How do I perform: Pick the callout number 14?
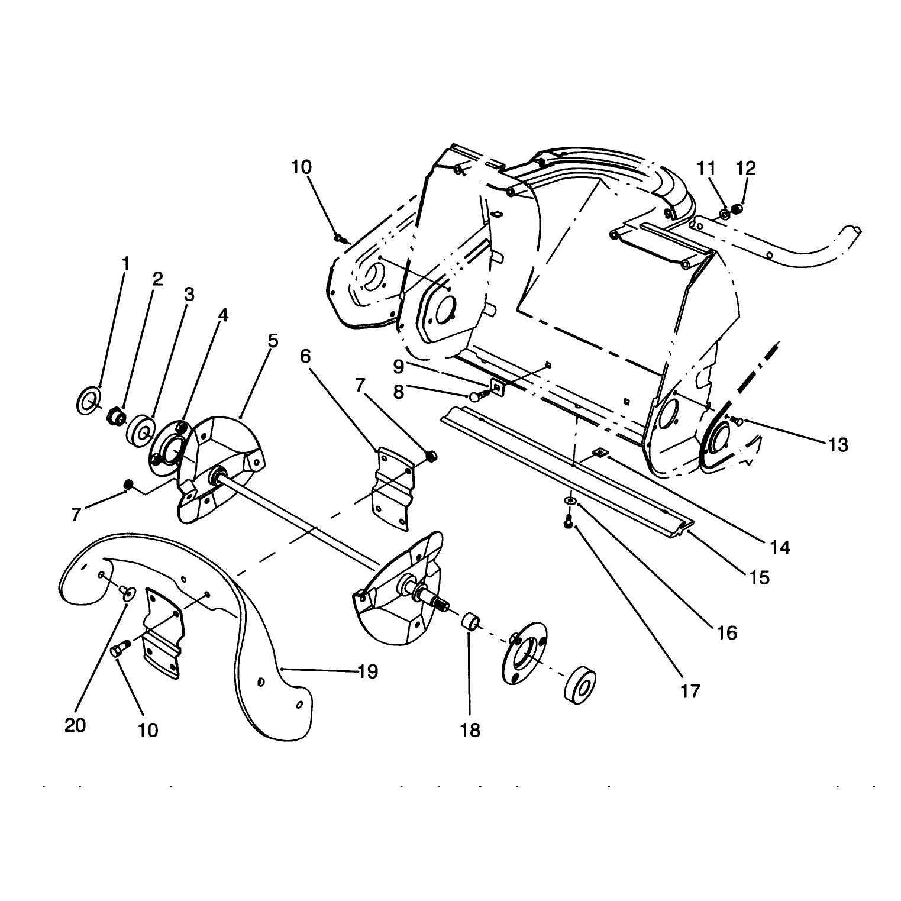780,548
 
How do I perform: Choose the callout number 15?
759,577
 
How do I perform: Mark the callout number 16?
727,633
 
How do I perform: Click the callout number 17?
690,690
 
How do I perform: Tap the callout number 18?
470,731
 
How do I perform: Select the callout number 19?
368,671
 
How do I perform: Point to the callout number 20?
75,725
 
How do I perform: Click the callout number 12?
745,168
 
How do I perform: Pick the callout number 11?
706,168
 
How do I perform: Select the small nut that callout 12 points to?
737,209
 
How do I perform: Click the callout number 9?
399,367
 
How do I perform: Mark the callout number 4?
222,315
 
